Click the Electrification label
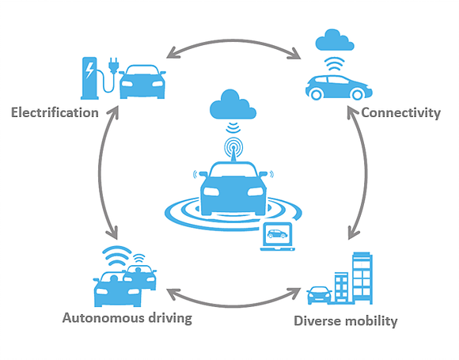click(55, 112)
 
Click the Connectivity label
click(400, 113)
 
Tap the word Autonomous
click(103, 318)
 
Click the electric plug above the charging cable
click(113, 65)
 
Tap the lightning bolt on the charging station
click(89, 70)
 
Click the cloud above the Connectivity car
click(335, 40)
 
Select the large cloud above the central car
click(233, 104)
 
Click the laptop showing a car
click(277, 237)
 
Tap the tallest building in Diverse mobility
click(362, 278)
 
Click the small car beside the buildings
click(319, 295)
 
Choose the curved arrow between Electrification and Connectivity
click(233, 40)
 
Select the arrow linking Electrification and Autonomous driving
click(100, 172)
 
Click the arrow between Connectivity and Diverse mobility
click(366, 172)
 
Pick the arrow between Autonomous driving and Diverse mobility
click(233, 305)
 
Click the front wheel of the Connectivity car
click(357, 94)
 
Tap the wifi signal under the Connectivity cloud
click(335, 64)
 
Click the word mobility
click(370, 321)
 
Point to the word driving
click(170, 318)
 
